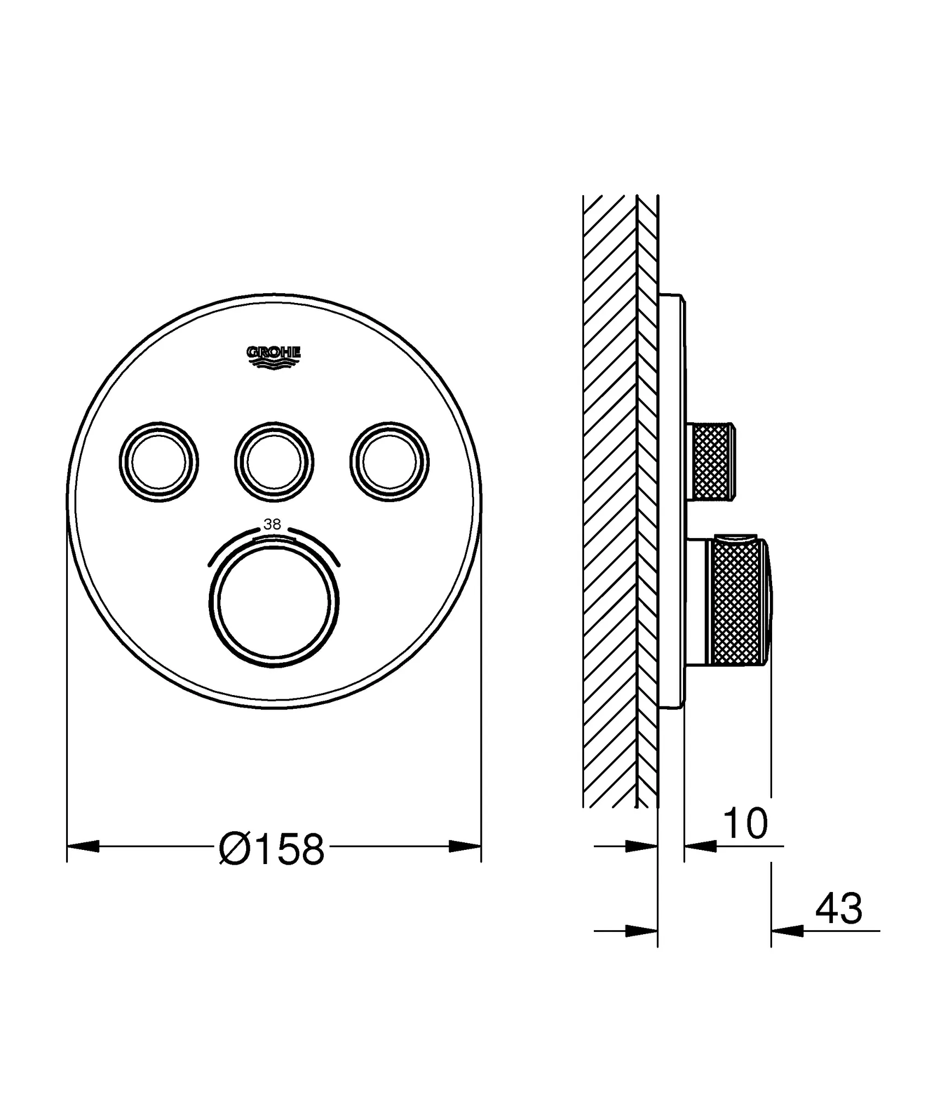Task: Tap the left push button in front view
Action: coord(159,462)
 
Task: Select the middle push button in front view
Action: coord(274,462)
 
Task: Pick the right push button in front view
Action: coord(389,462)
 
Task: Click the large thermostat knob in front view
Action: coord(273,602)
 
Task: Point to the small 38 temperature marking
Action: coord(272,524)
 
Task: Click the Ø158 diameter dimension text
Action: coord(272,850)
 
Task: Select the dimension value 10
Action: coord(745,824)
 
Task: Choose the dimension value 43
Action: coord(838,909)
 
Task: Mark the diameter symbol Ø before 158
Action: coord(235,850)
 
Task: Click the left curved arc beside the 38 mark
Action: coord(230,542)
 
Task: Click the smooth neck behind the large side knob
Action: coord(697,602)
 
